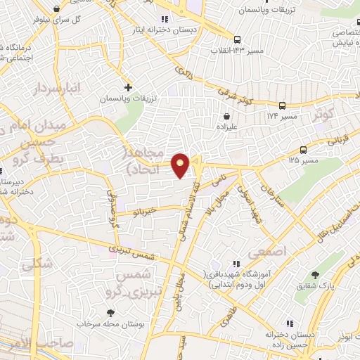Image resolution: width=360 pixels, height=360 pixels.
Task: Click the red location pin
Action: click(181, 166)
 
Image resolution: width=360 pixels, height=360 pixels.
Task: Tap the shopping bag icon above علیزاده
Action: click(226, 117)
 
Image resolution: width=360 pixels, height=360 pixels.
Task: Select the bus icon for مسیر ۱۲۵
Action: click(303, 150)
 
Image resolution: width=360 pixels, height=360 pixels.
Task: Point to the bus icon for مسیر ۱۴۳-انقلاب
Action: click(238, 39)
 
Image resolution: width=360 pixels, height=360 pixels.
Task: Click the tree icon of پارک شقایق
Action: click(314, 275)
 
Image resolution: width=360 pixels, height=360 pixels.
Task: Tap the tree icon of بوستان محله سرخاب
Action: click(110, 313)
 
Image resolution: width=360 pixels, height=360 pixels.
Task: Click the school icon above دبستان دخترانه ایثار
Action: click(165, 18)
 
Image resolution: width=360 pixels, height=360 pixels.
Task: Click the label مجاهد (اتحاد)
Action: click(146, 161)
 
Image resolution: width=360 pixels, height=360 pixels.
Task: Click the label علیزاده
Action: click(227, 128)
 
